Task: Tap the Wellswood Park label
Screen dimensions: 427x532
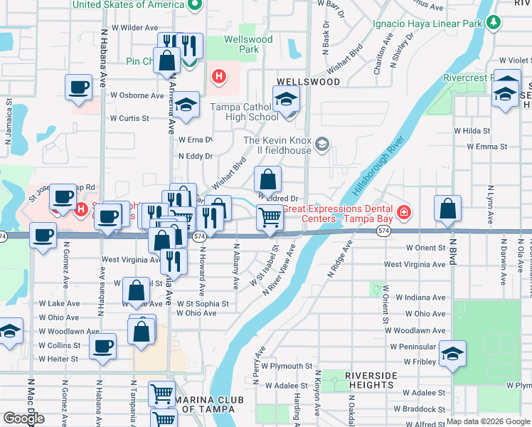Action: coord(248,44)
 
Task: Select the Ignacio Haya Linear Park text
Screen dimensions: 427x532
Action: coord(427,22)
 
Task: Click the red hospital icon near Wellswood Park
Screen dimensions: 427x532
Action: coord(219,75)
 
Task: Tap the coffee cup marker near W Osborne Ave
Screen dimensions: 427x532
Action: coord(79,88)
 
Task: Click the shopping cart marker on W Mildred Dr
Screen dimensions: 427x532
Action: coord(270,216)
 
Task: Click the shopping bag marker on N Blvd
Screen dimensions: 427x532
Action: coord(447,209)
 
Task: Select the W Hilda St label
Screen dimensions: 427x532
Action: coord(472,131)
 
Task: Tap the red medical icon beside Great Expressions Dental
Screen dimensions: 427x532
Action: coord(404,212)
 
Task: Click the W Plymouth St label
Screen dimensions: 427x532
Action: coord(287,366)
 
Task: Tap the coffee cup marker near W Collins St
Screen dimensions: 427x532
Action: coord(104,347)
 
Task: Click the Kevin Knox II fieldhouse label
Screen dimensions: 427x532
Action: coord(277,145)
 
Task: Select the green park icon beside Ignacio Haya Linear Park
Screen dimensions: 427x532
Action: coord(494,22)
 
